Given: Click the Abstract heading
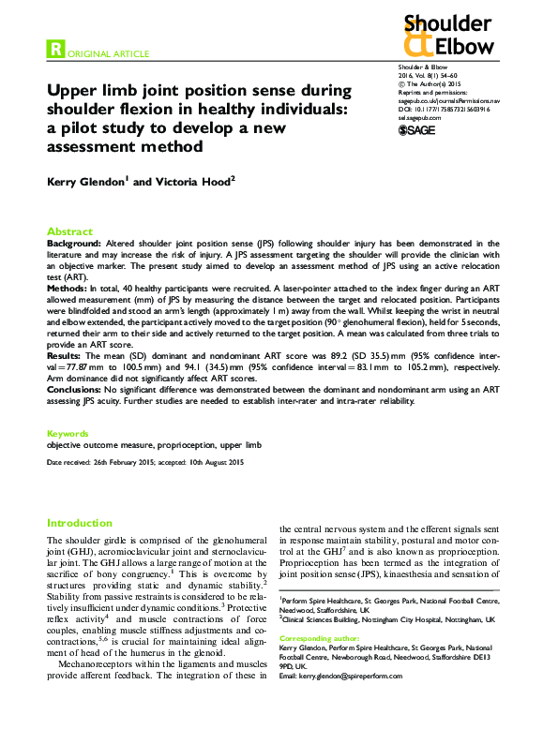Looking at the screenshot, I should coord(70,231).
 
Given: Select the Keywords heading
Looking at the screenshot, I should coord(68,434).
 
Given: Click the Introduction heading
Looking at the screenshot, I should coord(80,523).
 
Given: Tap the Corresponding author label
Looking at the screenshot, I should coord(320,637).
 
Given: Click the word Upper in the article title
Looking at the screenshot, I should coord(75,91).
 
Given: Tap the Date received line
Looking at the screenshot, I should coord(145,463).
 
